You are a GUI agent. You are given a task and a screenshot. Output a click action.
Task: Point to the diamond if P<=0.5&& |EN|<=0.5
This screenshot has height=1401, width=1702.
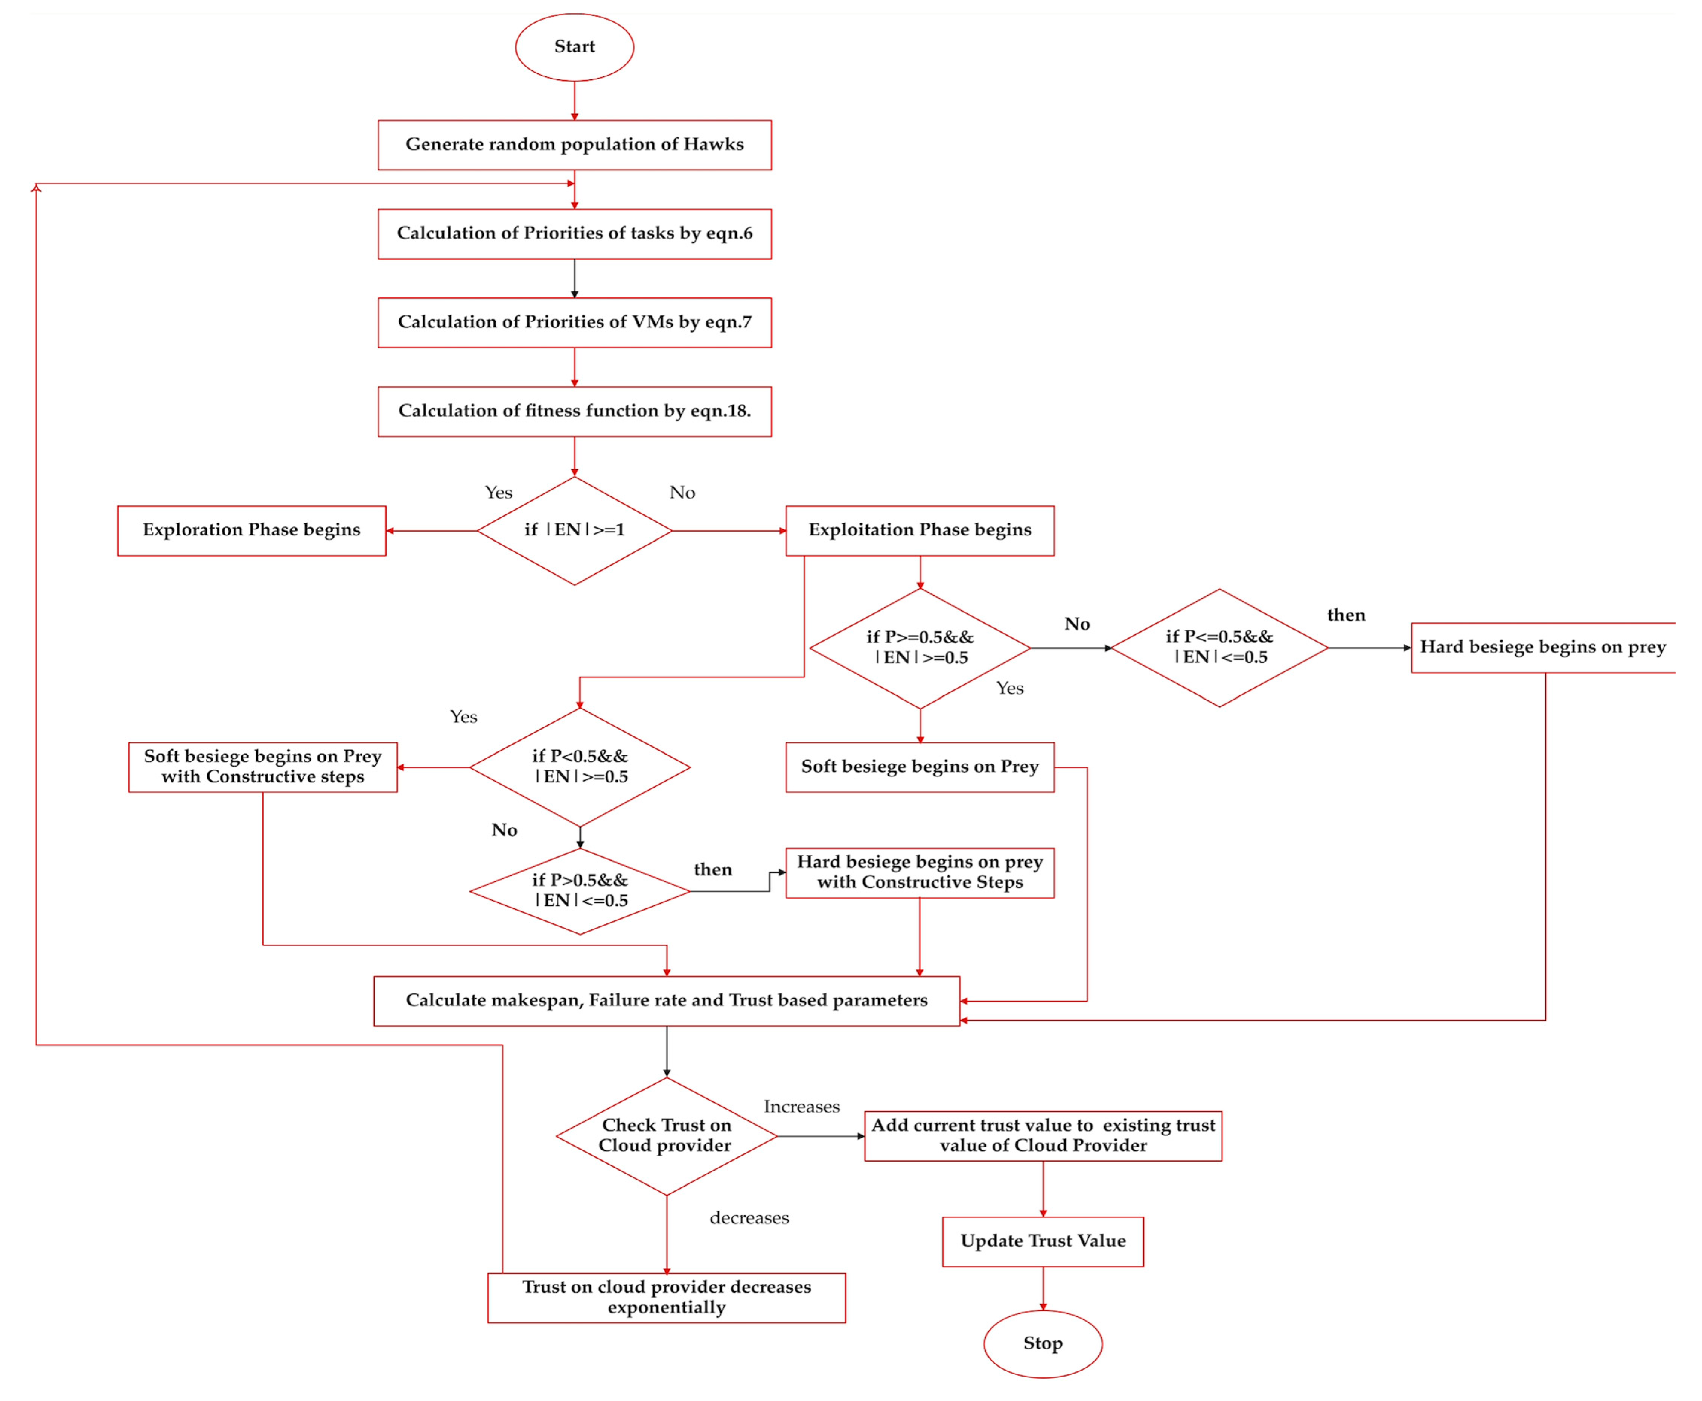[1219, 647]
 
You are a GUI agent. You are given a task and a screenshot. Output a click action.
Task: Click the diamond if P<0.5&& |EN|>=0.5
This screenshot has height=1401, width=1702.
[579, 767]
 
